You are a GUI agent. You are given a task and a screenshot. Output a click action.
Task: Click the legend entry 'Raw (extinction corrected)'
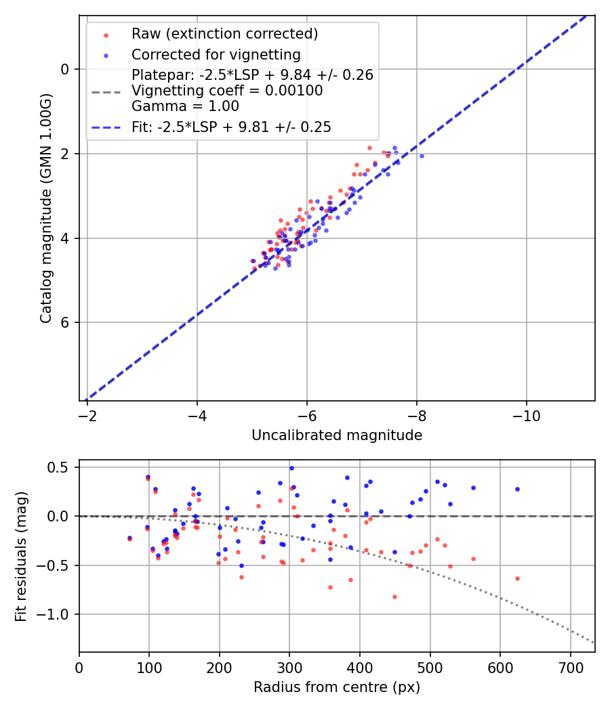[224, 34]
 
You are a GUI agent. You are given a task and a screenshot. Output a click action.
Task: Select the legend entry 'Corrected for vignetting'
[216, 54]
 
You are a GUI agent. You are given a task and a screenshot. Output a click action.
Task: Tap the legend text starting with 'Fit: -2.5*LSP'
[231, 127]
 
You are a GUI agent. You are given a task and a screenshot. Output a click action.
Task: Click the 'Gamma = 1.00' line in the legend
[185, 106]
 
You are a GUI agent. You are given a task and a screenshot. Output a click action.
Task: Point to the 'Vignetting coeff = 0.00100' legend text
[227, 91]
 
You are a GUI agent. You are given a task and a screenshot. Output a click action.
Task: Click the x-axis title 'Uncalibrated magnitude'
[337, 435]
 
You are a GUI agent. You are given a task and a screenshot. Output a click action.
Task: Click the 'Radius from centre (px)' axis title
[337, 687]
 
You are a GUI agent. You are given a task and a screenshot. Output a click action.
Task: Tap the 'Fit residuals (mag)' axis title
[21, 556]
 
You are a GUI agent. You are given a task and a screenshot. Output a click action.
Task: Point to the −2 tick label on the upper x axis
[87, 415]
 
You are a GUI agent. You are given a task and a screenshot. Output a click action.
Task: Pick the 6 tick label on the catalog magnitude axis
[65, 323]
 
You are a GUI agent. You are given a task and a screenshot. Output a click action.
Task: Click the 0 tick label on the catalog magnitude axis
[65, 69]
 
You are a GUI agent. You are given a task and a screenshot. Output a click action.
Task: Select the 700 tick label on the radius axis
[570, 666]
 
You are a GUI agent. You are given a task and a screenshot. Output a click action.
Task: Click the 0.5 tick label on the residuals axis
[60, 467]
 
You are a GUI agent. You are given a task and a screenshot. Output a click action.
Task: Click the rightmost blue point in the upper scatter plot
[422, 156]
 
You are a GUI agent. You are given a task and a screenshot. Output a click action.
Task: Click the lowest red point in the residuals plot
[394, 597]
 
